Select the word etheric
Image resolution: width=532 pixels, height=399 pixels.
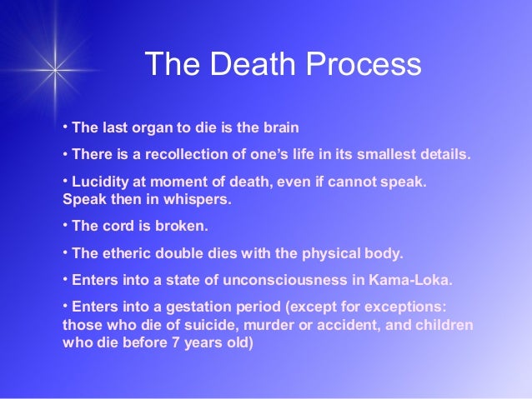[x=123, y=252]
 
